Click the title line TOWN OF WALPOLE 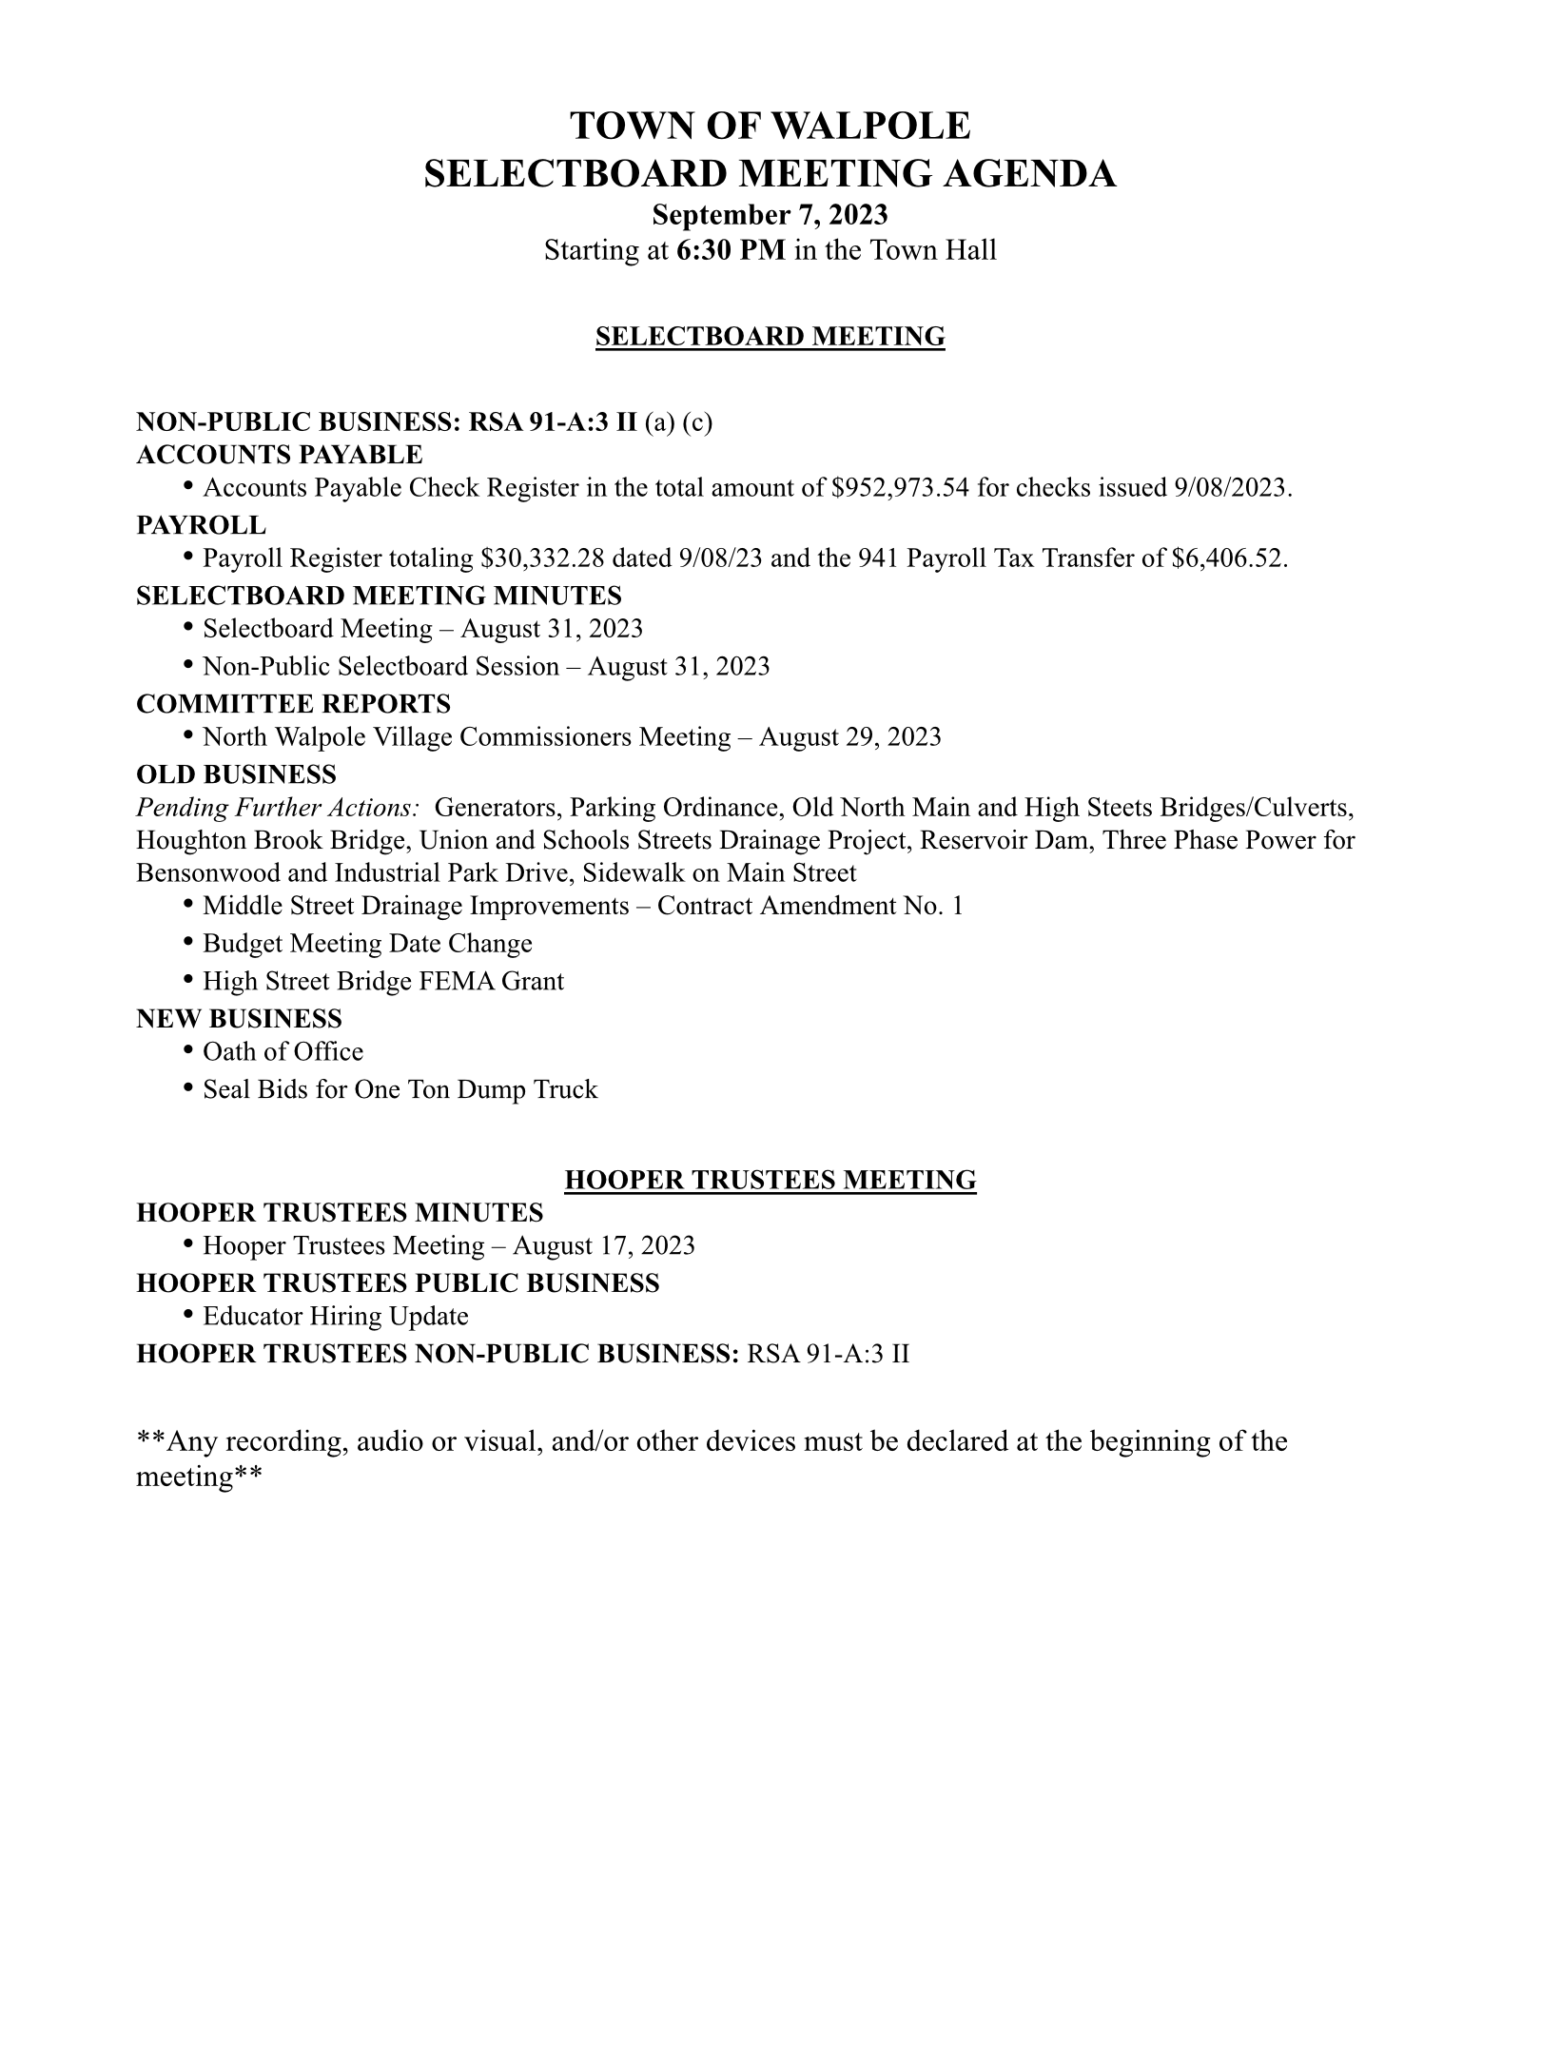coord(770,127)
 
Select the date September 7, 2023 coord(770,215)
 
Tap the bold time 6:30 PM coord(731,251)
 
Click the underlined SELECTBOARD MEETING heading coord(770,337)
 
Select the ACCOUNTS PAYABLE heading coord(280,455)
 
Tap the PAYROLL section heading coord(201,525)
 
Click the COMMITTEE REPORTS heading coord(293,704)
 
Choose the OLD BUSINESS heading coord(236,774)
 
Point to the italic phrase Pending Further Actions coord(278,808)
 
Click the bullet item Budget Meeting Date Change coord(367,944)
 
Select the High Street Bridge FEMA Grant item coord(383,982)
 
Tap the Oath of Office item coord(283,1052)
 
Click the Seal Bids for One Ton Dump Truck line coord(400,1090)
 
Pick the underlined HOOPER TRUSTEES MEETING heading coord(770,1181)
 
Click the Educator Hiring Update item coord(336,1317)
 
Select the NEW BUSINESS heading coord(239,1019)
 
